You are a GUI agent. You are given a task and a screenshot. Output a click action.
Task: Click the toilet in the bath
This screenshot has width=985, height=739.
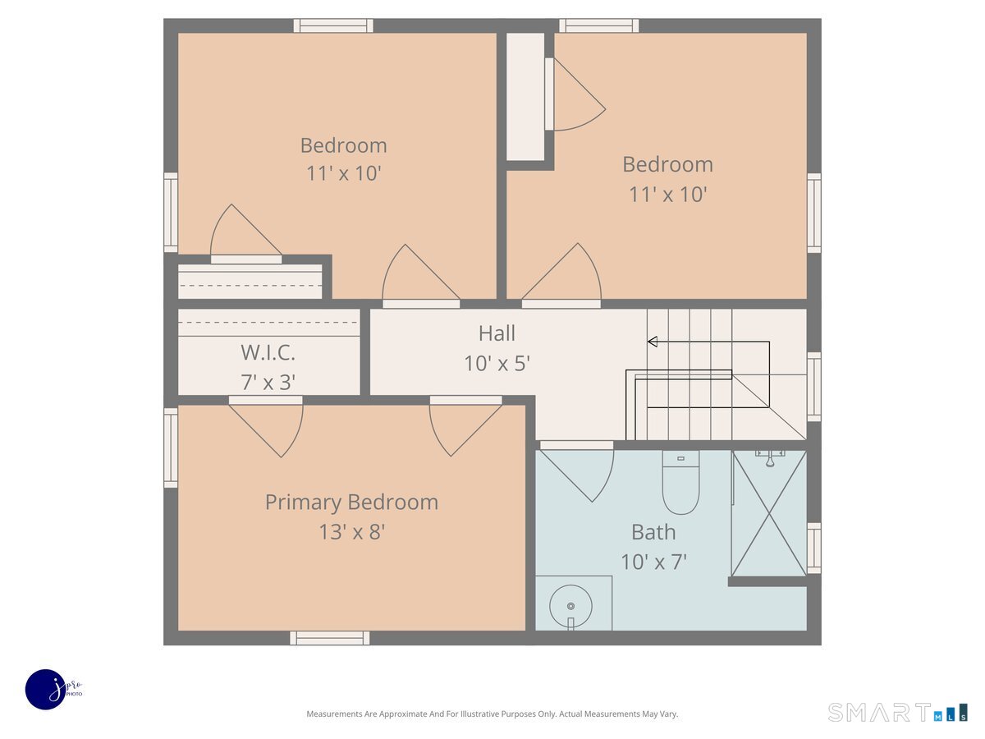(x=680, y=482)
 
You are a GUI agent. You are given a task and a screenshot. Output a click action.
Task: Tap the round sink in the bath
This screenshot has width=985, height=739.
(x=570, y=606)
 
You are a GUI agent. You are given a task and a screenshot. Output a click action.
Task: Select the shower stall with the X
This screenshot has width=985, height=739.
(x=769, y=513)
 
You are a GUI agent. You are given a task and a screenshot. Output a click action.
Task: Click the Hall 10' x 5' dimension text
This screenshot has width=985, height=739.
(x=497, y=364)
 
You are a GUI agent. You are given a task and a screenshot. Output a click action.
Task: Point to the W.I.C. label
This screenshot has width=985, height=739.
(x=268, y=352)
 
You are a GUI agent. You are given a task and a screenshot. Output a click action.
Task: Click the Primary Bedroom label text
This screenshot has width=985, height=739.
(x=351, y=503)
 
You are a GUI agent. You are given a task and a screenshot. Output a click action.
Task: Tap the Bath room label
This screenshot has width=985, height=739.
(x=653, y=532)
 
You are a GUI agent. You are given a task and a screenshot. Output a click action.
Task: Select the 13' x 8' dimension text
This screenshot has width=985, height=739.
(x=351, y=532)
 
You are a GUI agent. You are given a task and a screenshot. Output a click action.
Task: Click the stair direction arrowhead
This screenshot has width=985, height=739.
(x=653, y=342)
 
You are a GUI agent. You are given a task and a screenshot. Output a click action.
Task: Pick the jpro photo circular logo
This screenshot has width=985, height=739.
(x=46, y=690)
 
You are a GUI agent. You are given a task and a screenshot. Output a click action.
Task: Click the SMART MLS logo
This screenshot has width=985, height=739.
(x=897, y=712)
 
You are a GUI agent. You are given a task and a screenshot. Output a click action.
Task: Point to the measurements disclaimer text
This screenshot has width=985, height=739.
(x=492, y=714)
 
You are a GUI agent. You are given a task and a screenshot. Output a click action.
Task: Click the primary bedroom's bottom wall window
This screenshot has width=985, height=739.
(x=330, y=638)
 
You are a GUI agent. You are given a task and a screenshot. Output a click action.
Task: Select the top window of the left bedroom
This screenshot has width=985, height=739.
(x=333, y=25)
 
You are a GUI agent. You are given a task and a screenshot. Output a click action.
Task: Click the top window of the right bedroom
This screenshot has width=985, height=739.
(x=598, y=25)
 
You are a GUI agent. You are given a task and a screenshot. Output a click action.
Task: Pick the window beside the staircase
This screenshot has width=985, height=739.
(x=814, y=387)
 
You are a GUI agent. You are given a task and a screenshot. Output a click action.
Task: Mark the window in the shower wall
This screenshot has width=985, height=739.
(x=814, y=549)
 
